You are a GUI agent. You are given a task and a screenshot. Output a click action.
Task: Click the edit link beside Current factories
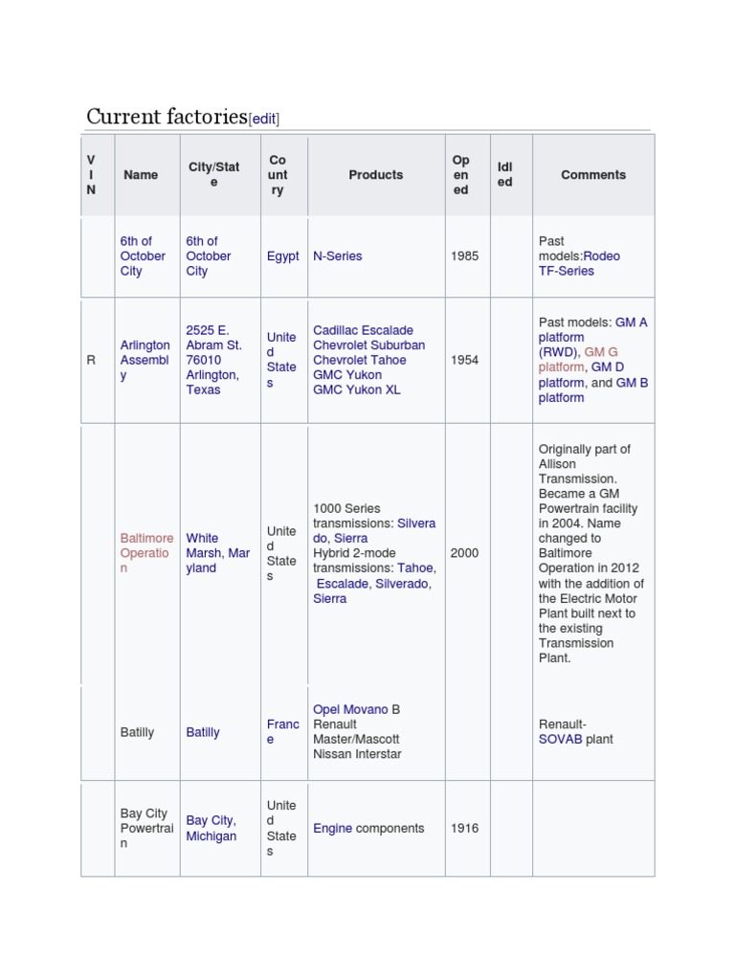[x=263, y=119]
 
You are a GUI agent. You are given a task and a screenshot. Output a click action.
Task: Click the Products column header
[x=375, y=175]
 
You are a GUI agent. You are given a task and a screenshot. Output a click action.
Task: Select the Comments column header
[x=593, y=175]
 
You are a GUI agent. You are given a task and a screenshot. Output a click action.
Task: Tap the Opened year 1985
[x=464, y=256]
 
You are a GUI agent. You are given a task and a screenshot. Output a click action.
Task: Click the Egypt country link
[x=282, y=256]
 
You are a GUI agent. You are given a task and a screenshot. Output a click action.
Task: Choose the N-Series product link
[x=338, y=256]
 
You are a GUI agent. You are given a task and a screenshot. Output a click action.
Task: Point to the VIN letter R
[x=92, y=360]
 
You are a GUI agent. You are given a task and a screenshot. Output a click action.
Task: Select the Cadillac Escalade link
[x=364, y=330]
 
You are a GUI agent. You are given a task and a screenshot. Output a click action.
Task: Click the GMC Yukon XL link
[x=357, y=390]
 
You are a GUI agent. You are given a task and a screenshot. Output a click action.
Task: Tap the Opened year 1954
[x=464, y=360]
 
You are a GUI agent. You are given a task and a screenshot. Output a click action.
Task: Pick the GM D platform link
[x=608, y=367]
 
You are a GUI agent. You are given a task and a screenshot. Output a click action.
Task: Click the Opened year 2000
[x=464, y=553]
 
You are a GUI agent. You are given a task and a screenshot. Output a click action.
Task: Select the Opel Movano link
[x=350, y=709]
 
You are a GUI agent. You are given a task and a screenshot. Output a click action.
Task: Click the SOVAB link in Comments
[x=560, y=740]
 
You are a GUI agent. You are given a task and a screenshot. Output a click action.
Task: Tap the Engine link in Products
[x=332, y=829]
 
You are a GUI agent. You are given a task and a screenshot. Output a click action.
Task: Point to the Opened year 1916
[x=464, y=829]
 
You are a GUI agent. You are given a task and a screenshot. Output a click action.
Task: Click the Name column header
[x=141, y=175]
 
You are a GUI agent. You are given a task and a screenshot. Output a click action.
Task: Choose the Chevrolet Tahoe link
[x=360, y=360]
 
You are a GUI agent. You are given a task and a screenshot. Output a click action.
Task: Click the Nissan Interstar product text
[x=357, y=754]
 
